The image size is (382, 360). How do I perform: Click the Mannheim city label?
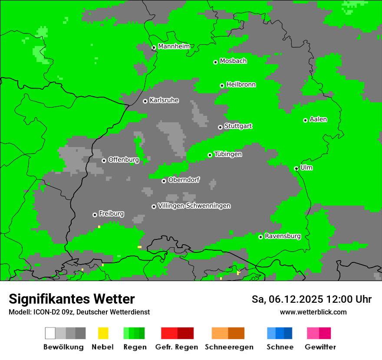coord(174,46)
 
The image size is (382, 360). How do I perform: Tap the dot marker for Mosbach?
coord(215,62)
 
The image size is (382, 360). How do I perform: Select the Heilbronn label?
coord(241,85)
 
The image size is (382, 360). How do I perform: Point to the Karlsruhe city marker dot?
coord(145,101)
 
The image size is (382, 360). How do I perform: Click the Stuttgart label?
coord(238,126)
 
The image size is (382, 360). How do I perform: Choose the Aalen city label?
coord(318,119)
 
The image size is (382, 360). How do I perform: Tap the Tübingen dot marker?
coord(210,155)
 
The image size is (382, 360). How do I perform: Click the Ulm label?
coord(306,167)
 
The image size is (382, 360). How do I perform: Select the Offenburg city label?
coord(124,160)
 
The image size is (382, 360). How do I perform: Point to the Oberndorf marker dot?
coord(164,181)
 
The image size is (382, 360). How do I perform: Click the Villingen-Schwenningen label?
coord(194,206)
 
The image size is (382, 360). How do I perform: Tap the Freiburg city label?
coord(111,214)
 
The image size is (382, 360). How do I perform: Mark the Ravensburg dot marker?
coord(260,237)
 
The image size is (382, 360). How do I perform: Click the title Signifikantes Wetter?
coord(72,299)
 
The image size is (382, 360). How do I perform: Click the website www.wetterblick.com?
coord(313,312)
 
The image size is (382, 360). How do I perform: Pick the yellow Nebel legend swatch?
coord(103,333)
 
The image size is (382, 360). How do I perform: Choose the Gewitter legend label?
coord(320,347)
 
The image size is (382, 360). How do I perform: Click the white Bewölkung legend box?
coord(50,333)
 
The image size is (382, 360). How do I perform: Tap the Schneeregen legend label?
coord(229,347)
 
